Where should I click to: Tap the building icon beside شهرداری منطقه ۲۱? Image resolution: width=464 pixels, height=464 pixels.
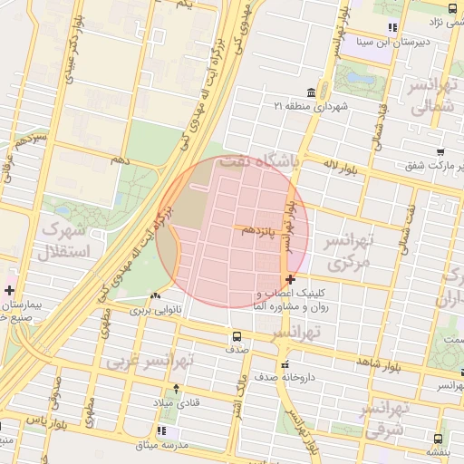(x=312, y=92)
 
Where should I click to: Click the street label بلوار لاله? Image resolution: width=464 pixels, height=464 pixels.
(x=342, y=165)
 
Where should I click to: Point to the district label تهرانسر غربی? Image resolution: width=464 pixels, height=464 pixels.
(x=150, y=361)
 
